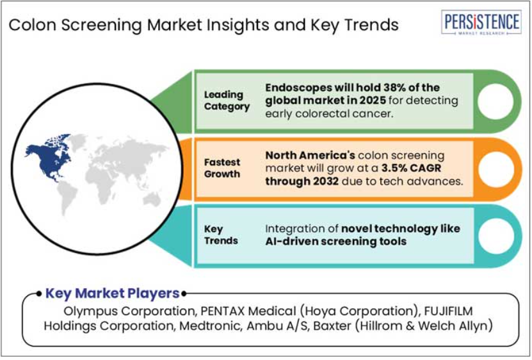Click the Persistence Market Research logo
point(481,22)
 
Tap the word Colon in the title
point(33,25)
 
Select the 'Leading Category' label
point(227,100)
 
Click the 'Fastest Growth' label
point(222,168)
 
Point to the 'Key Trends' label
point(221,234)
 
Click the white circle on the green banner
point(496,101)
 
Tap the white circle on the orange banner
point(496,169)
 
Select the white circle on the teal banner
point(496,236)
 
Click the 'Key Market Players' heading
point(112,293)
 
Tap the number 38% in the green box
point(394,87)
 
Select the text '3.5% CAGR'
point(411,168)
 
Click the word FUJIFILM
point(448,311)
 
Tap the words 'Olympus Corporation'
point(129,311)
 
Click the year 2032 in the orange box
point(326,181)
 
